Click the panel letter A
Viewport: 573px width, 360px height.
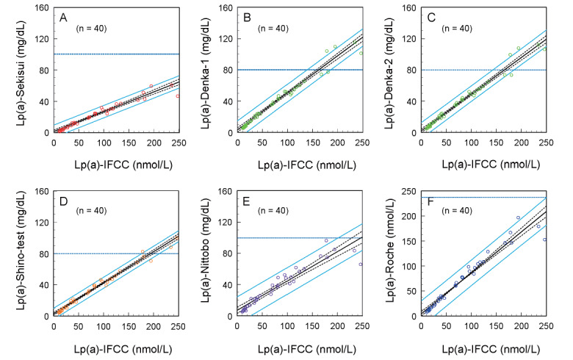point(64,18)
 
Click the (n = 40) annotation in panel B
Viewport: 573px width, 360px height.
point(273,29)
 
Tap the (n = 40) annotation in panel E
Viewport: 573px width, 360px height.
point(273,211)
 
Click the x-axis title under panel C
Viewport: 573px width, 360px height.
point(491,165)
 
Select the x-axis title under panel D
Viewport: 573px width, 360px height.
point(123,349)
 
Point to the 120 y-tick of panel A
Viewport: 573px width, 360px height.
point(41,39)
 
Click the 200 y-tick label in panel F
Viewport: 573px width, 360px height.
point(409,216)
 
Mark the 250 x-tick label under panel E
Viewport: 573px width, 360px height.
point(362,326)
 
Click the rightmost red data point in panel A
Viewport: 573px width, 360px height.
point(178,96)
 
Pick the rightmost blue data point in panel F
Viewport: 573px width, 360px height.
point(544,240)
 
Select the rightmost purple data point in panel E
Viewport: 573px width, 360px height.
point(361,264)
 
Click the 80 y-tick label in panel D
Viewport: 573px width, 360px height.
point(44,253)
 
